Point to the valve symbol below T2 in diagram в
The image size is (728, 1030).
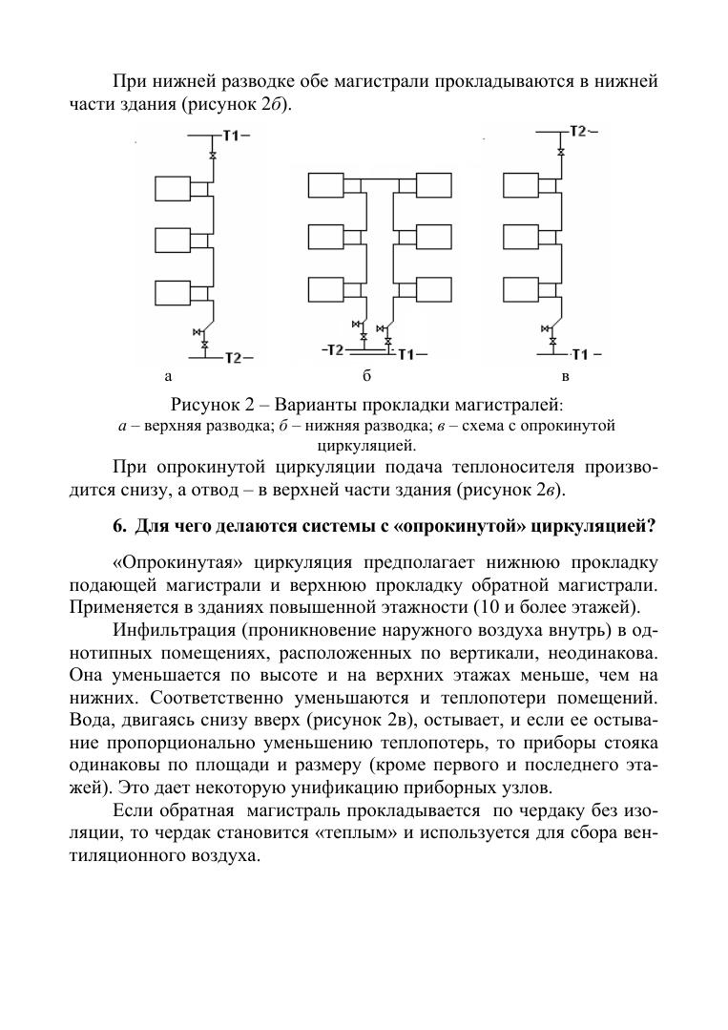562,151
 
